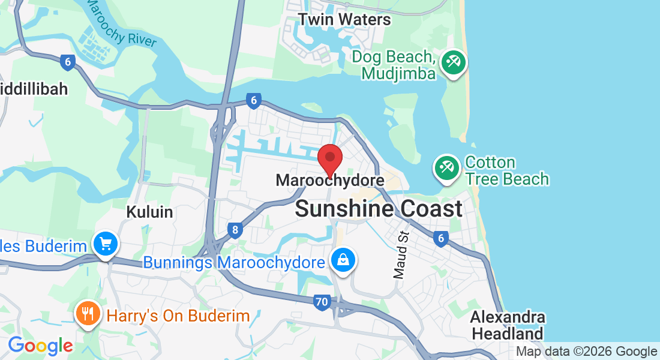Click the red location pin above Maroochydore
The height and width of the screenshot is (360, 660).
329,158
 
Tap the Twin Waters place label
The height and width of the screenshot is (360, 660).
344,19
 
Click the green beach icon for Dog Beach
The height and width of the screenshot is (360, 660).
453,62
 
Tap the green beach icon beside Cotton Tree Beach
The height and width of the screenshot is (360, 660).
446,167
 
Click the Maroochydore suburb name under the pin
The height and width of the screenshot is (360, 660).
329,180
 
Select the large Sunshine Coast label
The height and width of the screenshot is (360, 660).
379,209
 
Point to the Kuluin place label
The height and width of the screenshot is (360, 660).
150,212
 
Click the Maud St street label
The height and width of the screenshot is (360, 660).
400,254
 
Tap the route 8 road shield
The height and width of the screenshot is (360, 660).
235,229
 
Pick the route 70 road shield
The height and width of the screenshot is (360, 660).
322,302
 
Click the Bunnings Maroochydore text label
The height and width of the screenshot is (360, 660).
234,263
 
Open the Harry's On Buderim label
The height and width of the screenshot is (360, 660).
178,316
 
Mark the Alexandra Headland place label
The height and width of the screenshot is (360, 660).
508,325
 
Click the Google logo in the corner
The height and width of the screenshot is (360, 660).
40,346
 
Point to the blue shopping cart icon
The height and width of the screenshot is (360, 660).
106,244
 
